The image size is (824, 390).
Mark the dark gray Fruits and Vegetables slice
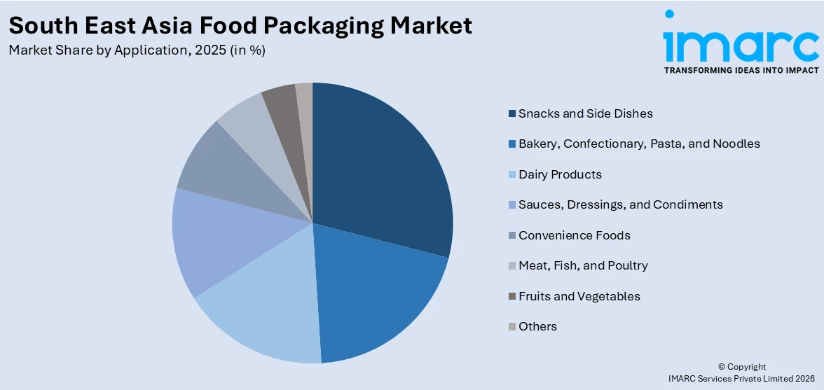coord(280,109)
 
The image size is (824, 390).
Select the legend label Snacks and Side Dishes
coord(585,113)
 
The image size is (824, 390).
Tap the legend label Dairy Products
coord(560,174)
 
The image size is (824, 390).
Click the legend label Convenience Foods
coord(574,235)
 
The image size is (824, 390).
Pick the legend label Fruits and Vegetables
coord(579,296)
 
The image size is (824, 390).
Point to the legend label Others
coord(537,326)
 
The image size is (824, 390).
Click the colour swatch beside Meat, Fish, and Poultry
coord(512,266)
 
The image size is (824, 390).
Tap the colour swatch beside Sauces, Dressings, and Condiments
coord(512,205)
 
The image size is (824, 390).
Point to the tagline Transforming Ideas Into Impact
coord(741,71)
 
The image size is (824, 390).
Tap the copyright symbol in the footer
coord(722,367)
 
